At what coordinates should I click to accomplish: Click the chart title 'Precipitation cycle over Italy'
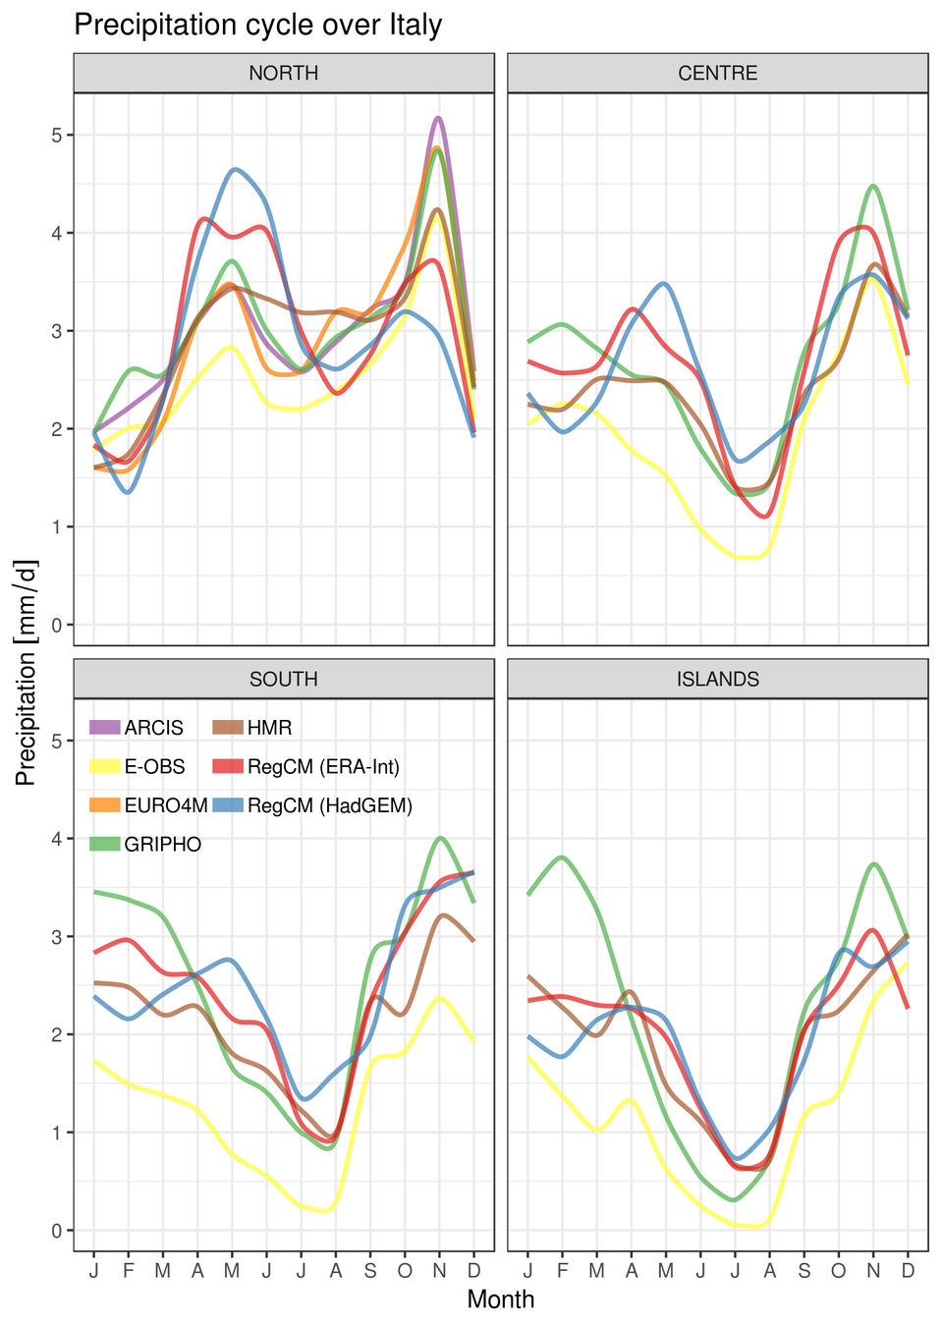pyautogui.click(x=257, y=25)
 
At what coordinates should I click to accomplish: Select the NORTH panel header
pyautogui.click(x=283, y=74)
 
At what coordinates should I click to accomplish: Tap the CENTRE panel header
pyautogui.click(x=717, y=74)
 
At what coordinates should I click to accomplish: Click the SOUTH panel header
pyautogui.click(x=283, y=680)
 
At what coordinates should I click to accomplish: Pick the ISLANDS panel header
pyautogui.click(x=717, y=680)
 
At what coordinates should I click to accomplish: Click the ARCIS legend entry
pyautogui.click(x=138, y=728)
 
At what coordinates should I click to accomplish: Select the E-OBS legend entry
pyautogui.click(x=138, y=766)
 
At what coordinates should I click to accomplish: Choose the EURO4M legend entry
pyautogui.click(x=148, y=805)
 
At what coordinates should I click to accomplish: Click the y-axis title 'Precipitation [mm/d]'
pyautogui.click(x=26, y=672)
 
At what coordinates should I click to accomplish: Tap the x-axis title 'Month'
pyautogui.click(x=501, y=1299)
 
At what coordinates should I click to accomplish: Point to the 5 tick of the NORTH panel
pyautogui.click(x=57, y=135)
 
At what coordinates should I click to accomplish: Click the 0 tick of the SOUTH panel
pyautogui.click(x=57, y=1231)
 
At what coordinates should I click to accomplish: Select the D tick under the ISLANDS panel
pyautogui.click(x=908, y=1270)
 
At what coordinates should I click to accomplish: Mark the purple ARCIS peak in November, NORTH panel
pyautogui.click(x=438, y=118)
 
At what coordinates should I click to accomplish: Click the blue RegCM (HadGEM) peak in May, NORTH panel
pyautogui.click(x=234, y=169)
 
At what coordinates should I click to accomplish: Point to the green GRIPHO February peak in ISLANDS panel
pyautogui.click(x=562, y=856)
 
